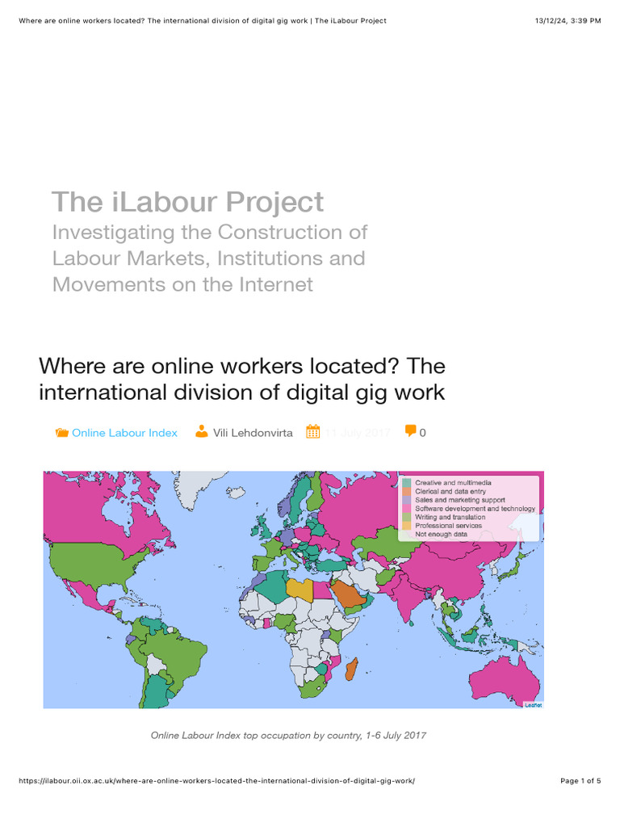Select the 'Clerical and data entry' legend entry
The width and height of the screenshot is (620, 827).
[x=449, y=491]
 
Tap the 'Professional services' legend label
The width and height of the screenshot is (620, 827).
[x=448, y=526]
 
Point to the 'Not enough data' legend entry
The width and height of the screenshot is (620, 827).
[x=441, y=534]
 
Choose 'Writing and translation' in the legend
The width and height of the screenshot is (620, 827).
[x=450, y=517]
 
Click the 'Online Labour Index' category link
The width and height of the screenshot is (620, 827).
[x=124, y=433]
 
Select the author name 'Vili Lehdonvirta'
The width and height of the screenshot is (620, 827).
[x=253, y=433]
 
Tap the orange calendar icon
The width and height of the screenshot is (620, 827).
[x=313, y=432]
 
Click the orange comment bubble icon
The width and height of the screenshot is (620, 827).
[x=411, y=431]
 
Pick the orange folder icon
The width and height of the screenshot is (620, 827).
[x=61, y=433]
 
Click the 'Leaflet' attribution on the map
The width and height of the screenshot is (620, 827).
[x=533, y=704]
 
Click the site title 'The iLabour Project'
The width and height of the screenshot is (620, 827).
[x=187, y=202]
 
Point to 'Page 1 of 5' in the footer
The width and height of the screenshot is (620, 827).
[x=580, y=781]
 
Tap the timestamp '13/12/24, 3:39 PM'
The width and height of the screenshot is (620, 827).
[x=568, y=20]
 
